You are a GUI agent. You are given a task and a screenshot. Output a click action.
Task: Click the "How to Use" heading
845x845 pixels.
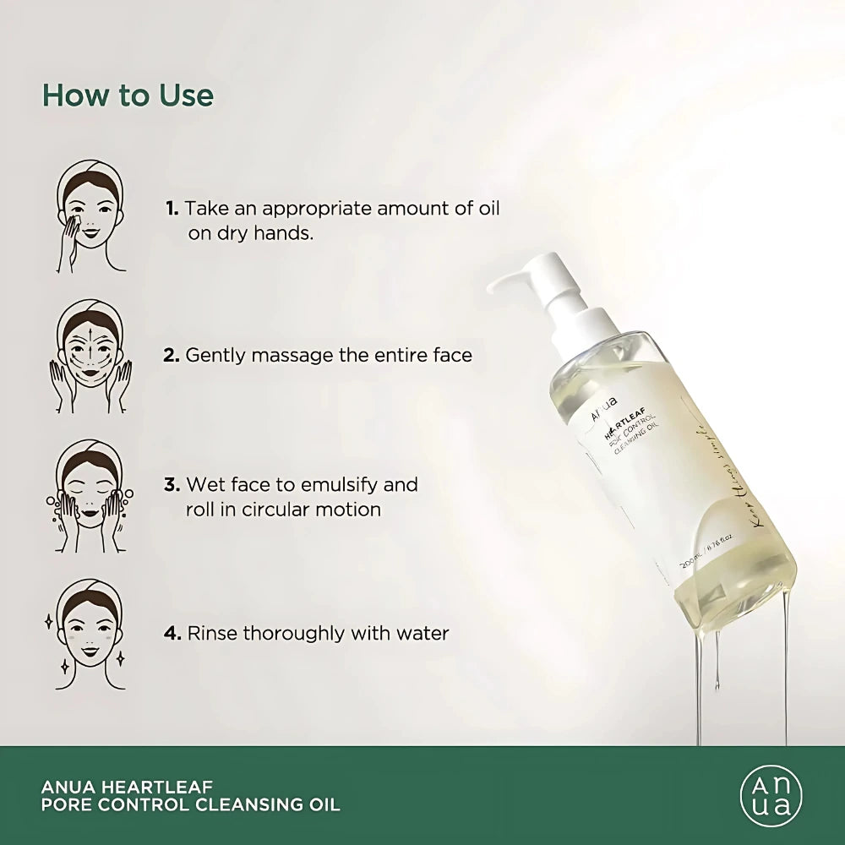pyautogui.click(x=128, y=95)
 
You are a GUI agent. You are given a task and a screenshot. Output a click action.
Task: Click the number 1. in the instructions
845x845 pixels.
pyautogui.click(x=172, y=208)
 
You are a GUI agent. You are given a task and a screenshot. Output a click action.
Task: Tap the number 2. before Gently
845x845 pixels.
pyautogui.click(x=172, y=355)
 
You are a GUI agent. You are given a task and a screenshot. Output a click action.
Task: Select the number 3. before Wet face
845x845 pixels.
pyautogui.click(x=172, y=485)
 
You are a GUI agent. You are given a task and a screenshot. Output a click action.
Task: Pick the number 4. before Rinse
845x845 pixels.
pyautogui.click(x=172, y=633)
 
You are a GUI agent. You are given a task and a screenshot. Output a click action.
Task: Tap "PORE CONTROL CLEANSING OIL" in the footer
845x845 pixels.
pyautogui.click(x=190, y=804)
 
